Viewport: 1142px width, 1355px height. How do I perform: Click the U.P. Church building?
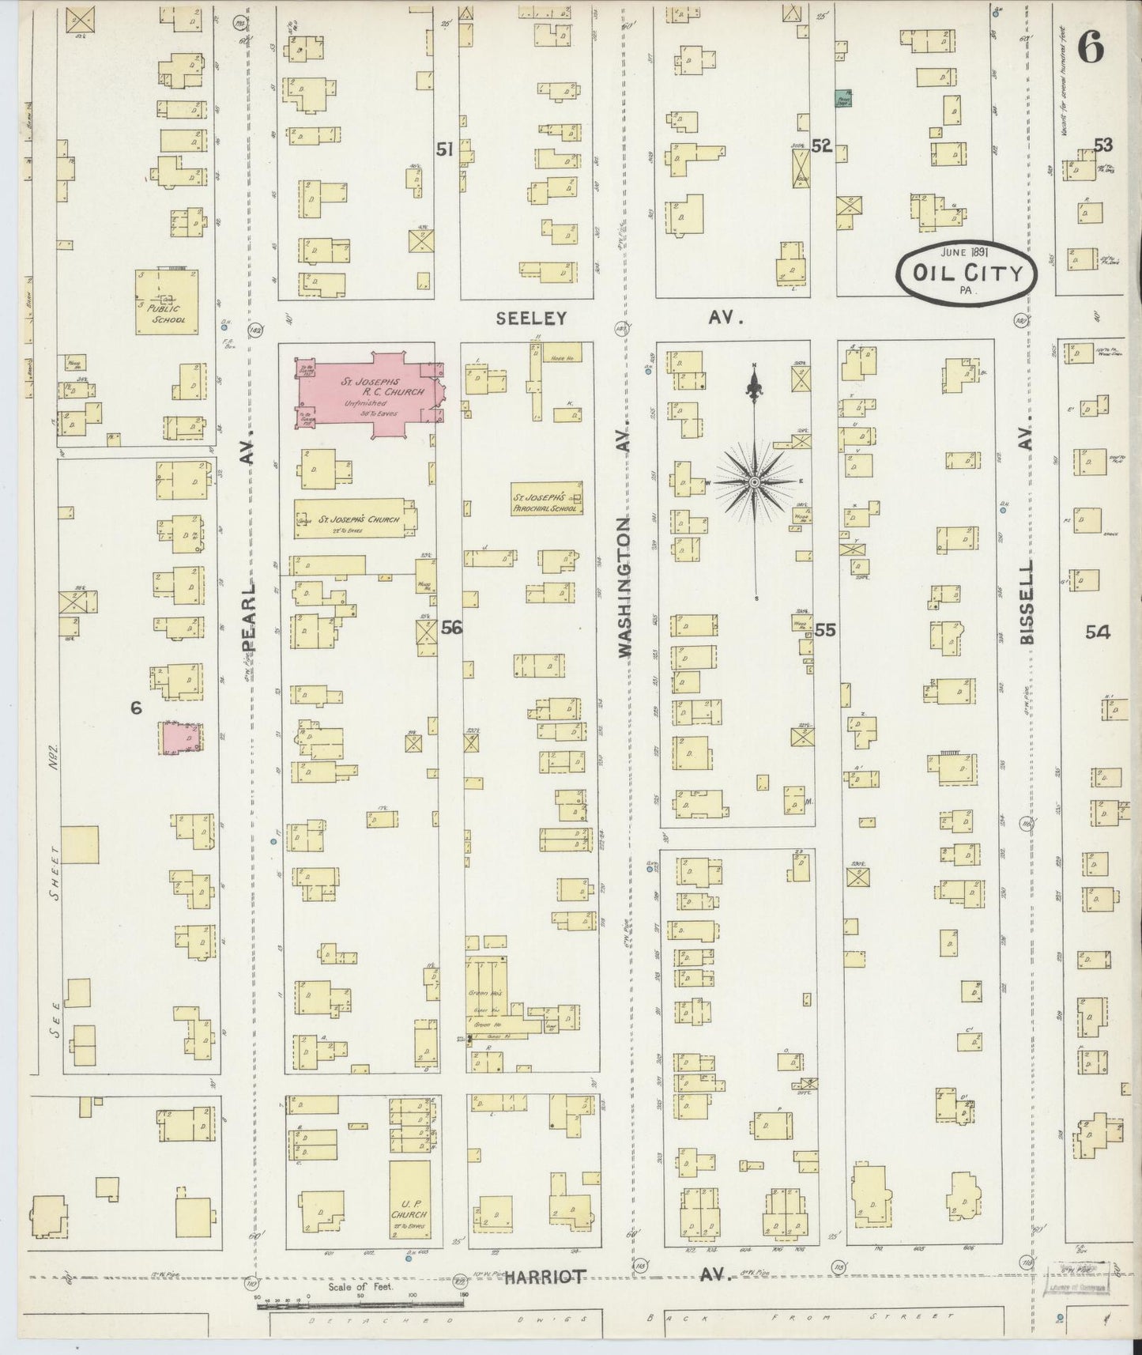click(409, 1210)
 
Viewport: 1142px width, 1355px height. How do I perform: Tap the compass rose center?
click(755, 481)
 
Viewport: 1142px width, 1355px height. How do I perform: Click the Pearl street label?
click(249, 617)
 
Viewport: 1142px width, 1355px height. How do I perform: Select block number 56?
click(451, 628)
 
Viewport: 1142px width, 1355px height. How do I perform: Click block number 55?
click(825, 629)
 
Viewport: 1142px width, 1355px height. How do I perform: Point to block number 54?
click(1097, 632)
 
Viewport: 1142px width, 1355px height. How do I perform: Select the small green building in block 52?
click(844, 98)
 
